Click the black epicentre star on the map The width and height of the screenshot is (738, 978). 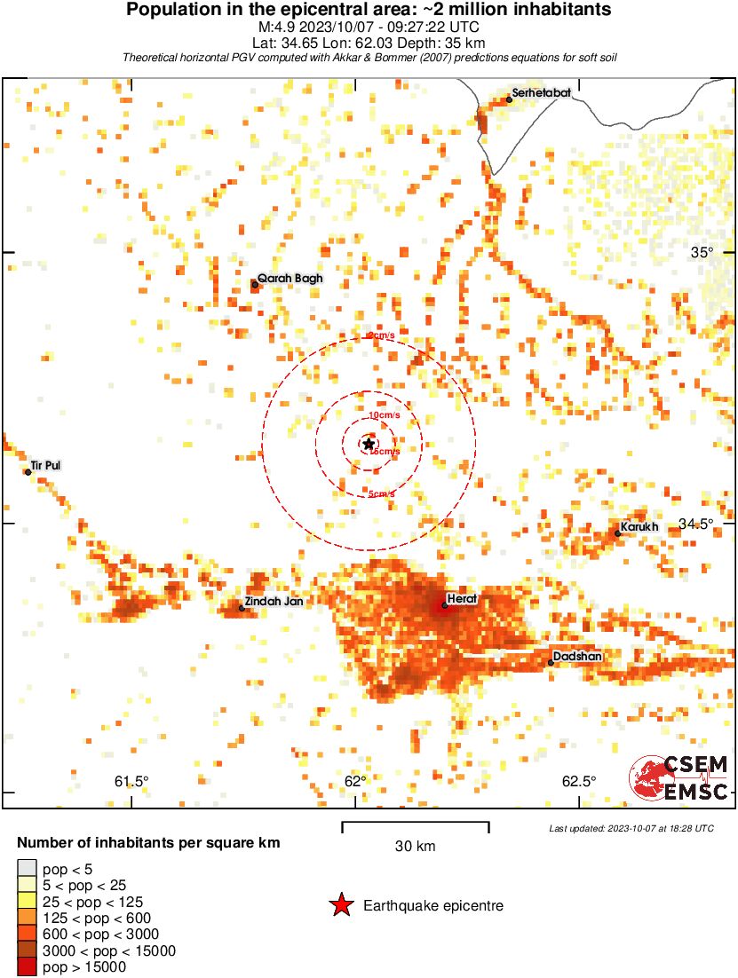click(369, 444)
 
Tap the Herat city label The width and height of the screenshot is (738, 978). click(462, 599)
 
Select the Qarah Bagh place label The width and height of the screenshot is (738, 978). click(290, 278)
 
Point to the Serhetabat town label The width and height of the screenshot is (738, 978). click(541, 92)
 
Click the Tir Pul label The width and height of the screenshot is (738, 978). click(45, 465)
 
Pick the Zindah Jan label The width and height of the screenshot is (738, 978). click(275, 601)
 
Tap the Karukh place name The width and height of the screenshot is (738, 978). click(639, 527)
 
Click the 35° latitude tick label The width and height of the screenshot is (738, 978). click(702, 252)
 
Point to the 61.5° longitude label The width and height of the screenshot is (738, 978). click(131, 782)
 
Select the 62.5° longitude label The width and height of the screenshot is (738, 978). click(578, 782)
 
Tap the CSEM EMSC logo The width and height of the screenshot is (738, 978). click(680, 778)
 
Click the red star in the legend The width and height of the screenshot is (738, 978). click(341, 905)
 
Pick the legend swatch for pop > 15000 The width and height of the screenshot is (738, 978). click(28, 966)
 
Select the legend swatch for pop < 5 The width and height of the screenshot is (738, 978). click(28, 869)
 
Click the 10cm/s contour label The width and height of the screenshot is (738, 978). click(385, 415)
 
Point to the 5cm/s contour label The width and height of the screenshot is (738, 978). click(382, 494)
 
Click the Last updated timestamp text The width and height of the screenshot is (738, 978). click(631, 828)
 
